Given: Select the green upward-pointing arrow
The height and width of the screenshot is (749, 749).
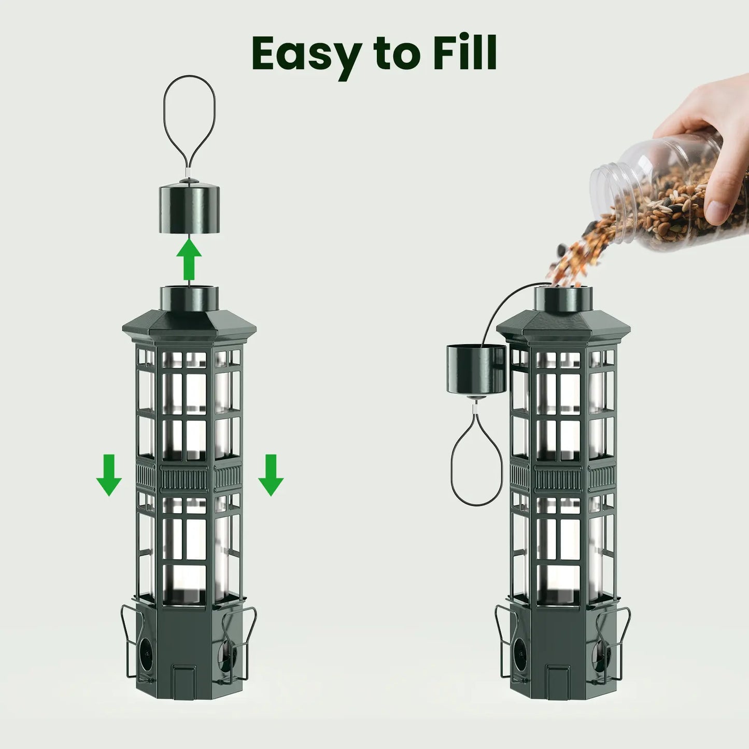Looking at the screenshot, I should coord(189,260).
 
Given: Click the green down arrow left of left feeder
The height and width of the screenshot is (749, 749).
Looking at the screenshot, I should coord(109,475).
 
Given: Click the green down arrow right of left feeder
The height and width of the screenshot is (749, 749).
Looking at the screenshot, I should coord(271,475).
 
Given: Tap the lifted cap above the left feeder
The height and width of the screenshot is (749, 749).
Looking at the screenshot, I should coord(189,208).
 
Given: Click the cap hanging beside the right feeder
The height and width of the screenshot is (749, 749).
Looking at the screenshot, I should coord(475,370).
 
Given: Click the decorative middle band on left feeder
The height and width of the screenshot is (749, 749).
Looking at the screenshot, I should coord(189,477).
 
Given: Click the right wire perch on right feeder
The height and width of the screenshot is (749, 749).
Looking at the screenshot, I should coord(614,643).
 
